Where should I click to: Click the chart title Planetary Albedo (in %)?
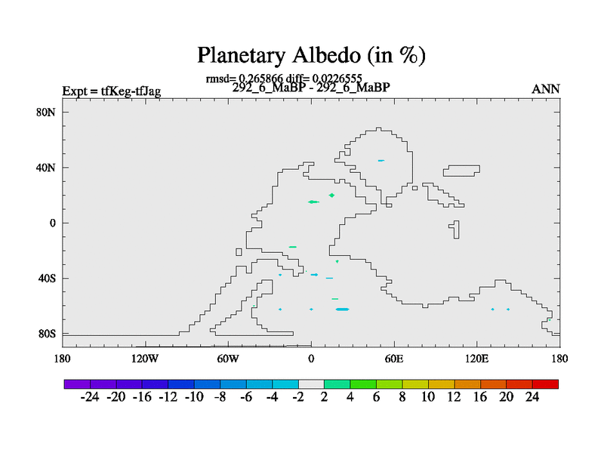(311, 55)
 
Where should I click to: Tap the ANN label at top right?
(545, 89)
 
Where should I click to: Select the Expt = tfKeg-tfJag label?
(111, 91)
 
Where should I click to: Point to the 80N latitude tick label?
(46, 112)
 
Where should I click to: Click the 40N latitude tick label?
(46, 168)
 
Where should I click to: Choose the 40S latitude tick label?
(47, 278)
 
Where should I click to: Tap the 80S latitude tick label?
(47, 334)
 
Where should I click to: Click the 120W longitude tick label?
(145, 359)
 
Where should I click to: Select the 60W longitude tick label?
(228, 359)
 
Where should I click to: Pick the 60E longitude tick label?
(394, 359)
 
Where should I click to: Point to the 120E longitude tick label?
(477, 359)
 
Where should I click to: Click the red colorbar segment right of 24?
(545, 384)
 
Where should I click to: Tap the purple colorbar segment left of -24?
(77, 384)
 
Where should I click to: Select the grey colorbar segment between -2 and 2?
(311, 384)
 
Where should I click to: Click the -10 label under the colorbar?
(194, 397)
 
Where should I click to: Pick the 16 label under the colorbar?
(480, 397)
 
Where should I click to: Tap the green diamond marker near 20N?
(331, 196)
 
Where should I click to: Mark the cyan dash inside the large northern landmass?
(381, 161)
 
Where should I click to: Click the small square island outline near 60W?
(239, 252)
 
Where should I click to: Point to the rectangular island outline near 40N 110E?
(461, 165)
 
